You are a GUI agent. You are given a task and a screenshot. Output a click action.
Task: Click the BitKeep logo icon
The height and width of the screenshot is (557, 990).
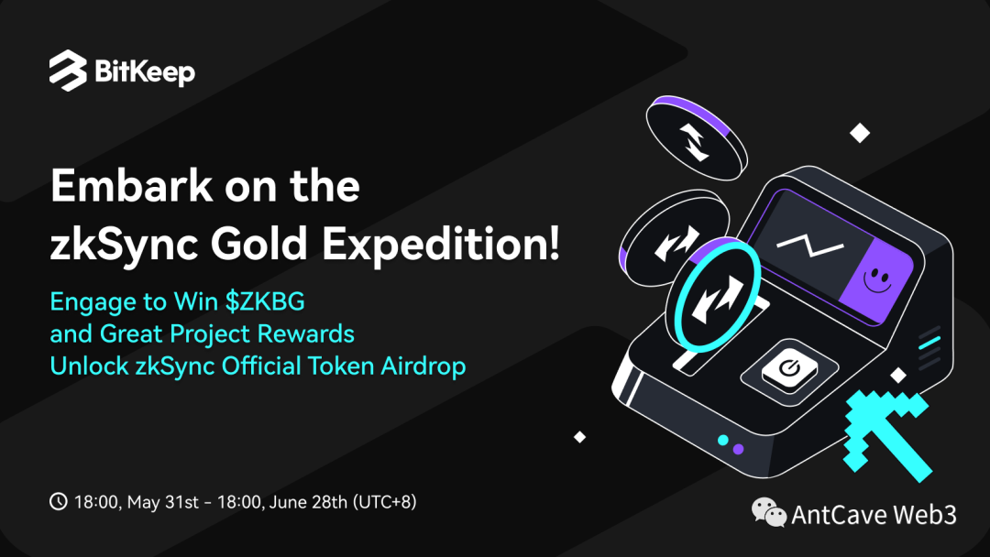click(68, 71)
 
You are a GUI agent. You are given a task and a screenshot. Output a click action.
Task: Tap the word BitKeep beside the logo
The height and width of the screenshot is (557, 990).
click(145, 72)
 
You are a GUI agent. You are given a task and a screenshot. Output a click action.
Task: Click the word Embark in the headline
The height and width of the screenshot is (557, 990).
click(131, 185)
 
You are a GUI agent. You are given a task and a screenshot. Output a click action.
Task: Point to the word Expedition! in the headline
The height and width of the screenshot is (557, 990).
click(441, 244)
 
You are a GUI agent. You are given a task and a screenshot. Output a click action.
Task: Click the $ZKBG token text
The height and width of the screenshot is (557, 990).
click(265, 301)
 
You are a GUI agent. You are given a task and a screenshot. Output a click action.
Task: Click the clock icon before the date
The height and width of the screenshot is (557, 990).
click(58, 501)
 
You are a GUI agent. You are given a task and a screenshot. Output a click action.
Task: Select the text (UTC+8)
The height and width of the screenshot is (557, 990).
click(384, 502)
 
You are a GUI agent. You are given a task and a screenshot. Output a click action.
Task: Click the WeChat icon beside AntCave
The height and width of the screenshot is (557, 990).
click(768, 511)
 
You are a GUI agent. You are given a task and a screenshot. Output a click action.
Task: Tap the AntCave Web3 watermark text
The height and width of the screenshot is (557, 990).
click(874, 515)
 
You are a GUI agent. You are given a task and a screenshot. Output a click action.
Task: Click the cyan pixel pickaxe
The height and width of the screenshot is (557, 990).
click(887, 435)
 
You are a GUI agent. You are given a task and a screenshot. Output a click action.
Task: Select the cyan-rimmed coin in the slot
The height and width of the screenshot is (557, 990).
click(713, 296)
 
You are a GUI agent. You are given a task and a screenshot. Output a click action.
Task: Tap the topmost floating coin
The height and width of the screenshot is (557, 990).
click(697, 138)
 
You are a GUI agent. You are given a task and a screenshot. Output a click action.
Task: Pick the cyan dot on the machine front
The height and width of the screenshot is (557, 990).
click(723, 440)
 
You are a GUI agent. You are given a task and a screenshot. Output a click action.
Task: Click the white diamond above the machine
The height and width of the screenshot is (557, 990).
click(859, 133)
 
